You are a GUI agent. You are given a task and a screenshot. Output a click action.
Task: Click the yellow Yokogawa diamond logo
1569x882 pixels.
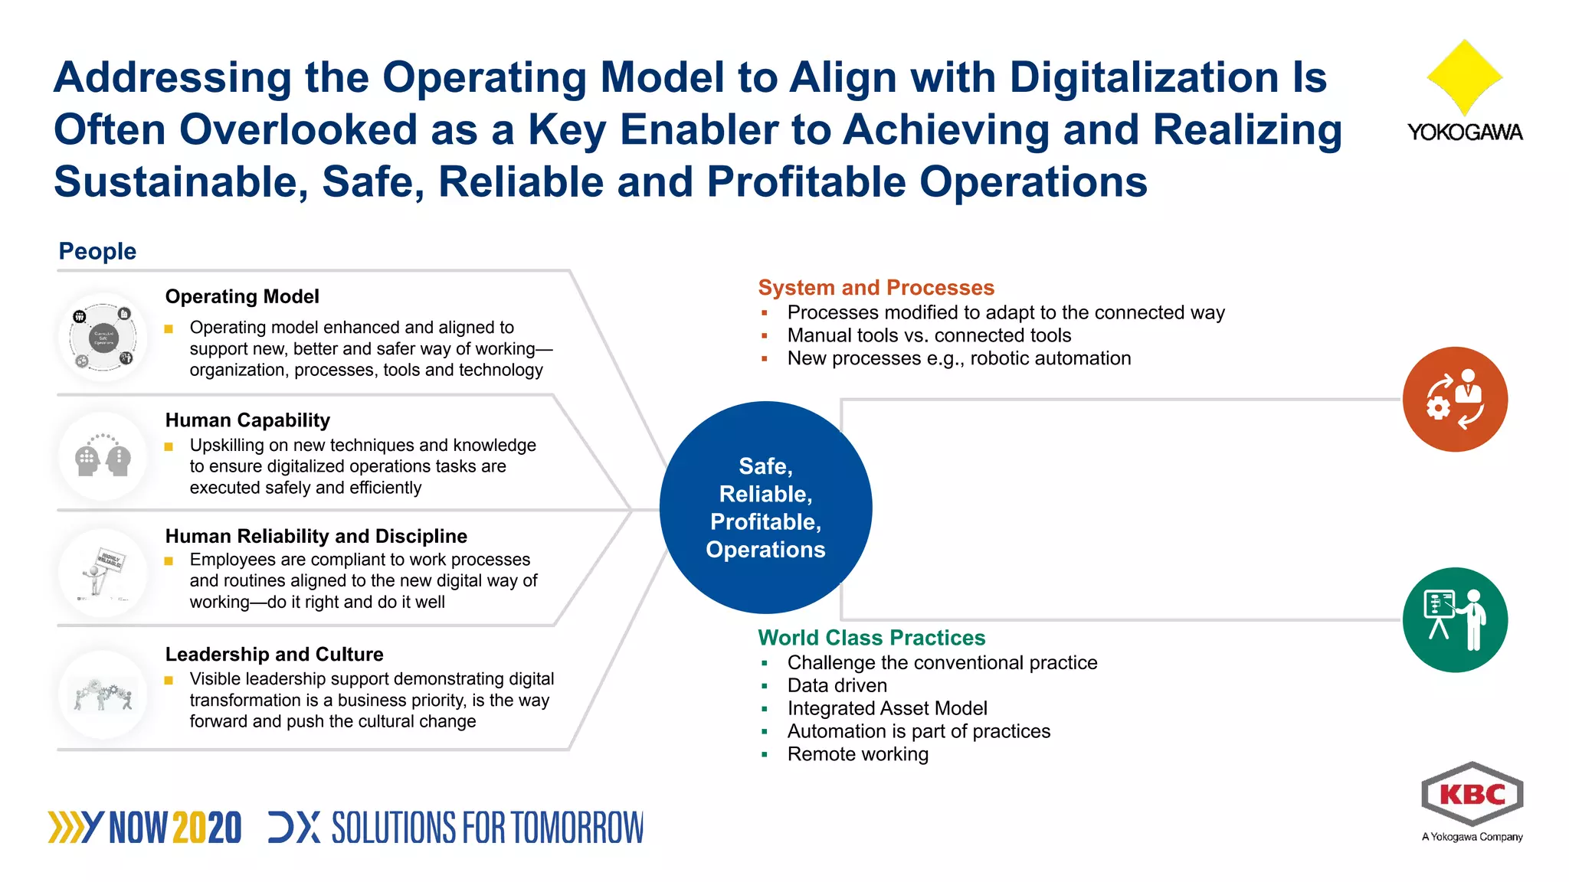coord(1464,77)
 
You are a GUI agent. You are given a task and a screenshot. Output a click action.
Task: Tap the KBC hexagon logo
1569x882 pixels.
coord(1472,795)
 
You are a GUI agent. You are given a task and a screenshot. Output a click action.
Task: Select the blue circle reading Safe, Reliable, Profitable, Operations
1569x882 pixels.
coord(765,508)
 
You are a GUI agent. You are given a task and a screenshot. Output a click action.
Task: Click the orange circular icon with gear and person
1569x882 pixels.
coord(1455,399)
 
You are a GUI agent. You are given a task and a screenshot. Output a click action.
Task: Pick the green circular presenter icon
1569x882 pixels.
coord(1455,619)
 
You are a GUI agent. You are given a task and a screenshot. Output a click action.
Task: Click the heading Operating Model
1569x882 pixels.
coord(242,296)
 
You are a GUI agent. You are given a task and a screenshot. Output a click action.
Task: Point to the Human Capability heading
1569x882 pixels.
coord(247,420)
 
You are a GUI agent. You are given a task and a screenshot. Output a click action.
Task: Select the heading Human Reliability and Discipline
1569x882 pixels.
coord(316,536)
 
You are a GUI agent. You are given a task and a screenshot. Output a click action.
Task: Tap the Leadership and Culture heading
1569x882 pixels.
coord(274,655)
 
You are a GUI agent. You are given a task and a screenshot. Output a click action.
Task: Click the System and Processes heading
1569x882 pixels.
coord(876,288)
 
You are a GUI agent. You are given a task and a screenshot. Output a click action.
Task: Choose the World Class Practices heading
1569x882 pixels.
coord(871,638)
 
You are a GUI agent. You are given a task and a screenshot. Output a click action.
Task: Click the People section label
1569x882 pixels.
coord(97,251)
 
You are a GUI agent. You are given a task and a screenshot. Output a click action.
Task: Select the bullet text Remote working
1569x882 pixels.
coord(857,754)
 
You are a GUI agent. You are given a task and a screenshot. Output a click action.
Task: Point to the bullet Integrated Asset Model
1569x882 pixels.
coord(886,708)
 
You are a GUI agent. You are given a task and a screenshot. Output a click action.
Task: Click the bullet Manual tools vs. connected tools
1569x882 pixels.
coord(929,335)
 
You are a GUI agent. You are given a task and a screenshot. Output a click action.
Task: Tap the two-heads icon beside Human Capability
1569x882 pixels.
coord(103,457)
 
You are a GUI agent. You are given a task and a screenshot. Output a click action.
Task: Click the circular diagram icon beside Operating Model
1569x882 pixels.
coord(103,338)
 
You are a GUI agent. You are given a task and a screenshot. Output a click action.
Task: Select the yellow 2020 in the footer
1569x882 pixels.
coord(207,828)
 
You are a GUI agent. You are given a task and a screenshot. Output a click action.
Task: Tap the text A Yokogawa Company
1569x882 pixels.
coord(1472,837)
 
